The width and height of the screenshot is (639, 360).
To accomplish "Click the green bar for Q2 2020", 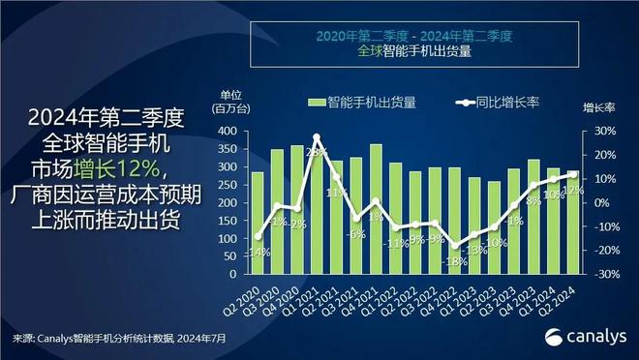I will (258, 223).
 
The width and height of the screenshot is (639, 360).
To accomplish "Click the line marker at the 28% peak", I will (317, 137).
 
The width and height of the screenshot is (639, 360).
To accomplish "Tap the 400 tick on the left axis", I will (227, 131).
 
